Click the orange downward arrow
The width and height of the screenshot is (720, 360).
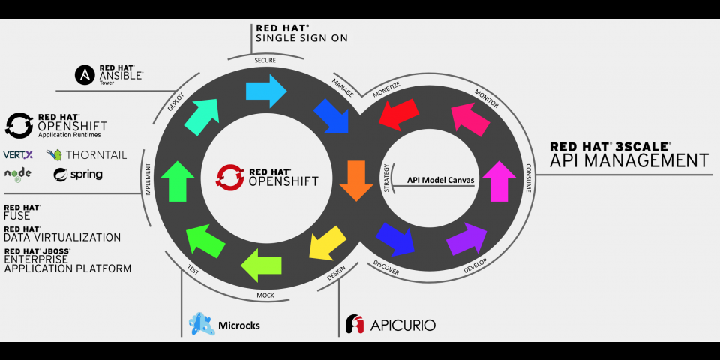(x=355, y=179)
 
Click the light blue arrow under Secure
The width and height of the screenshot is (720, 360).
(x=266, y=90)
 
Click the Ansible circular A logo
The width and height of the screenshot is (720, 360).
(x=83, y=75)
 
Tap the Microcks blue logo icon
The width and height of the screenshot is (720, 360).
(x=202, y=324)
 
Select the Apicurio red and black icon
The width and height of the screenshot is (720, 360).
(x=355, y=324)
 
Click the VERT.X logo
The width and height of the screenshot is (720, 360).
(x=19, y=154)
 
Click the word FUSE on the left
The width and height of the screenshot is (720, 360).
(x=17, y=216)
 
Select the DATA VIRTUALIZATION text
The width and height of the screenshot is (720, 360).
(x=62, y=237)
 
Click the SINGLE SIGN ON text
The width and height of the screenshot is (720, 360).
(x=301, y=37)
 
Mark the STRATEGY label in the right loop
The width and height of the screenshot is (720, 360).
(x=387, y=178)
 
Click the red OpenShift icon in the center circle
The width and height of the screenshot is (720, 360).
(x=227, y=176)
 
